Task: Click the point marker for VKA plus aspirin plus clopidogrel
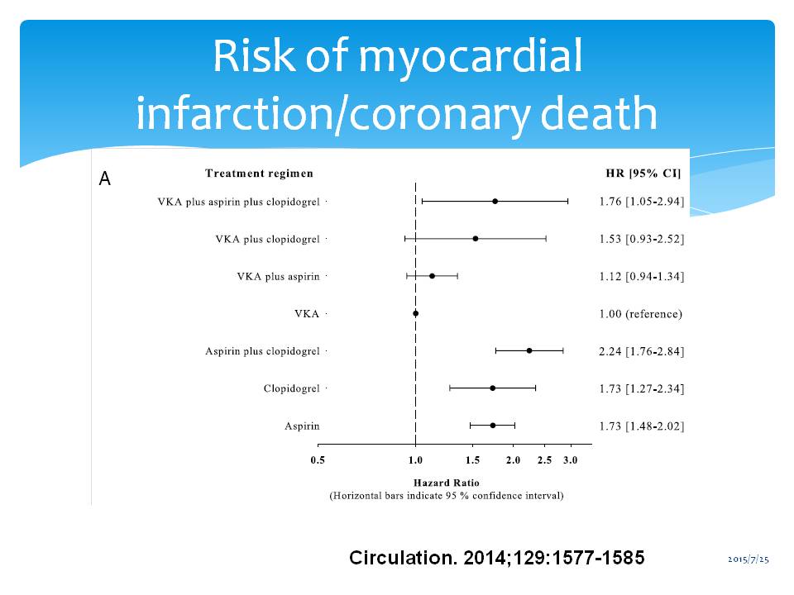click(495, 201)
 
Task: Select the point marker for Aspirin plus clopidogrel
click(529, 351)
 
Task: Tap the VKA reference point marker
click(415, 313)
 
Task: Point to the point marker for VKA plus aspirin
click(432, 276)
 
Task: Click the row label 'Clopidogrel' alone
click(291, 388)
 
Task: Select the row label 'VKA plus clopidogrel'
click(267, 239)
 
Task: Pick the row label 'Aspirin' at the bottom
click(302, 426)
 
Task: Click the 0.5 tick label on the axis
click(318, 460)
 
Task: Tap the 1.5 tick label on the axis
click(473, 460)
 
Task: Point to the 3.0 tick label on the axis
click(570, 460)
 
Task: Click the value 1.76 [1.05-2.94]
click(641, 201)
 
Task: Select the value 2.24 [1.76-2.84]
click(641, 351)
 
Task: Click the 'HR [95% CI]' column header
click(643, 174)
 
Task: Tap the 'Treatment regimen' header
click(259, 174)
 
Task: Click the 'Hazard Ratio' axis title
click(446, 483)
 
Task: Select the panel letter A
click(105, 178)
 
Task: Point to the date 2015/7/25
click(749, 560)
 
